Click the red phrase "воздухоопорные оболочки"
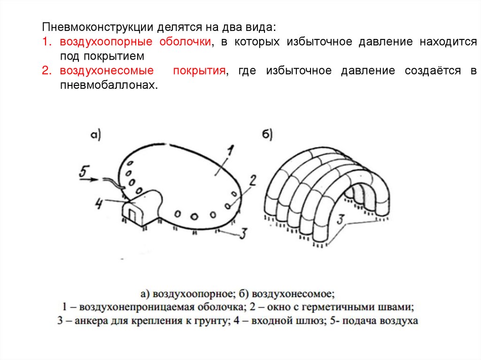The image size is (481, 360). (134, 42)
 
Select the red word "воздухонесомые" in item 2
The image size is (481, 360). (107, 71)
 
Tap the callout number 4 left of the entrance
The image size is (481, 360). (99, 204)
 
